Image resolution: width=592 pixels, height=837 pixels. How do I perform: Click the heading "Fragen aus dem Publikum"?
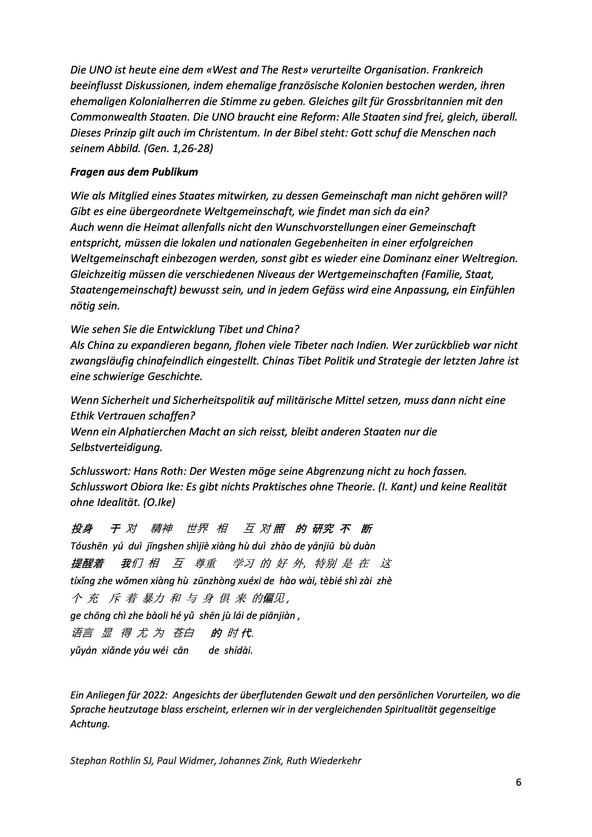[x=134, y=172]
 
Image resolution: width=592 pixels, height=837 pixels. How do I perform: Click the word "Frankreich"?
[x=454, y=70]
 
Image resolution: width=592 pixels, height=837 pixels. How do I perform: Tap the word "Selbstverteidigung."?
[x=116, y=448]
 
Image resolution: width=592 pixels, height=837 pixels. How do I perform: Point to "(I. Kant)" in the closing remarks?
[x=397, y=487]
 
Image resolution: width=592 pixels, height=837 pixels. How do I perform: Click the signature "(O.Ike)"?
[x=159, y=503]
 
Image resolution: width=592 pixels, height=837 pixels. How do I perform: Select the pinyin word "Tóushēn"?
[x=89, y=546]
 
